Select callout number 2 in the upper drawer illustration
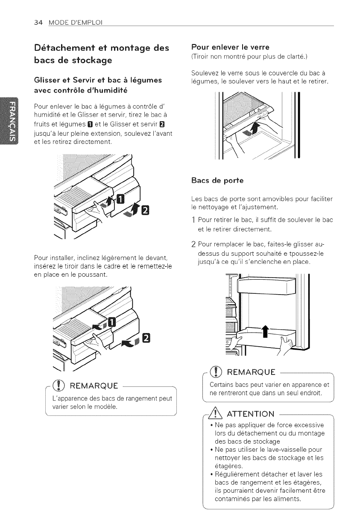pos(146,210)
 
